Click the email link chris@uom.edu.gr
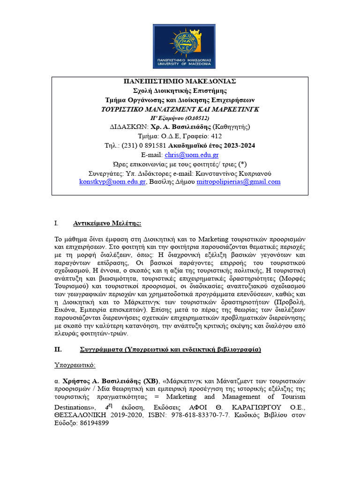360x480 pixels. (x=185, y=155)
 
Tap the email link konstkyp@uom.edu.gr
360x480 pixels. (x=112, y=182)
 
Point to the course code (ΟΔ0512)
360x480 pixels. (x=195, y=118)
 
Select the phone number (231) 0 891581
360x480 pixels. (x=140, y=146)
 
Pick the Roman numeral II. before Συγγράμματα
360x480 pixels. (x=58, y=350)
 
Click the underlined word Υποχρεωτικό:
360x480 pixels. (x=75, y=365)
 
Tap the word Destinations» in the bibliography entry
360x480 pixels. (x=74, y=407)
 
